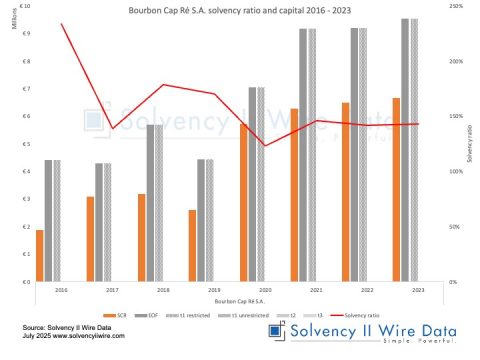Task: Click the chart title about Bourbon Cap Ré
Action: tap(240, 11)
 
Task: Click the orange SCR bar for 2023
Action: tap(396, 190)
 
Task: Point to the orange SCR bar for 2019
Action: tap(192, 246)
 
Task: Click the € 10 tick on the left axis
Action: tap(19, 6)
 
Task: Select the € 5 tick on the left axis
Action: tap(21, 144)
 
